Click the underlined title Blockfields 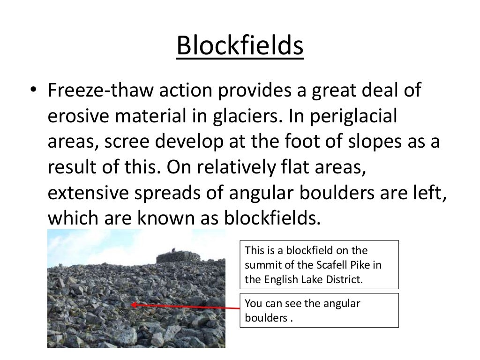pyautogui.click(x=240, y=48)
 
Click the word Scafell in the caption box pyautogui.click(x=323, y=265)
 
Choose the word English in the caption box pyautogui.click(x=281, y=280)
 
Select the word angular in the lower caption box pyautogui.click(x=342, y=303)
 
